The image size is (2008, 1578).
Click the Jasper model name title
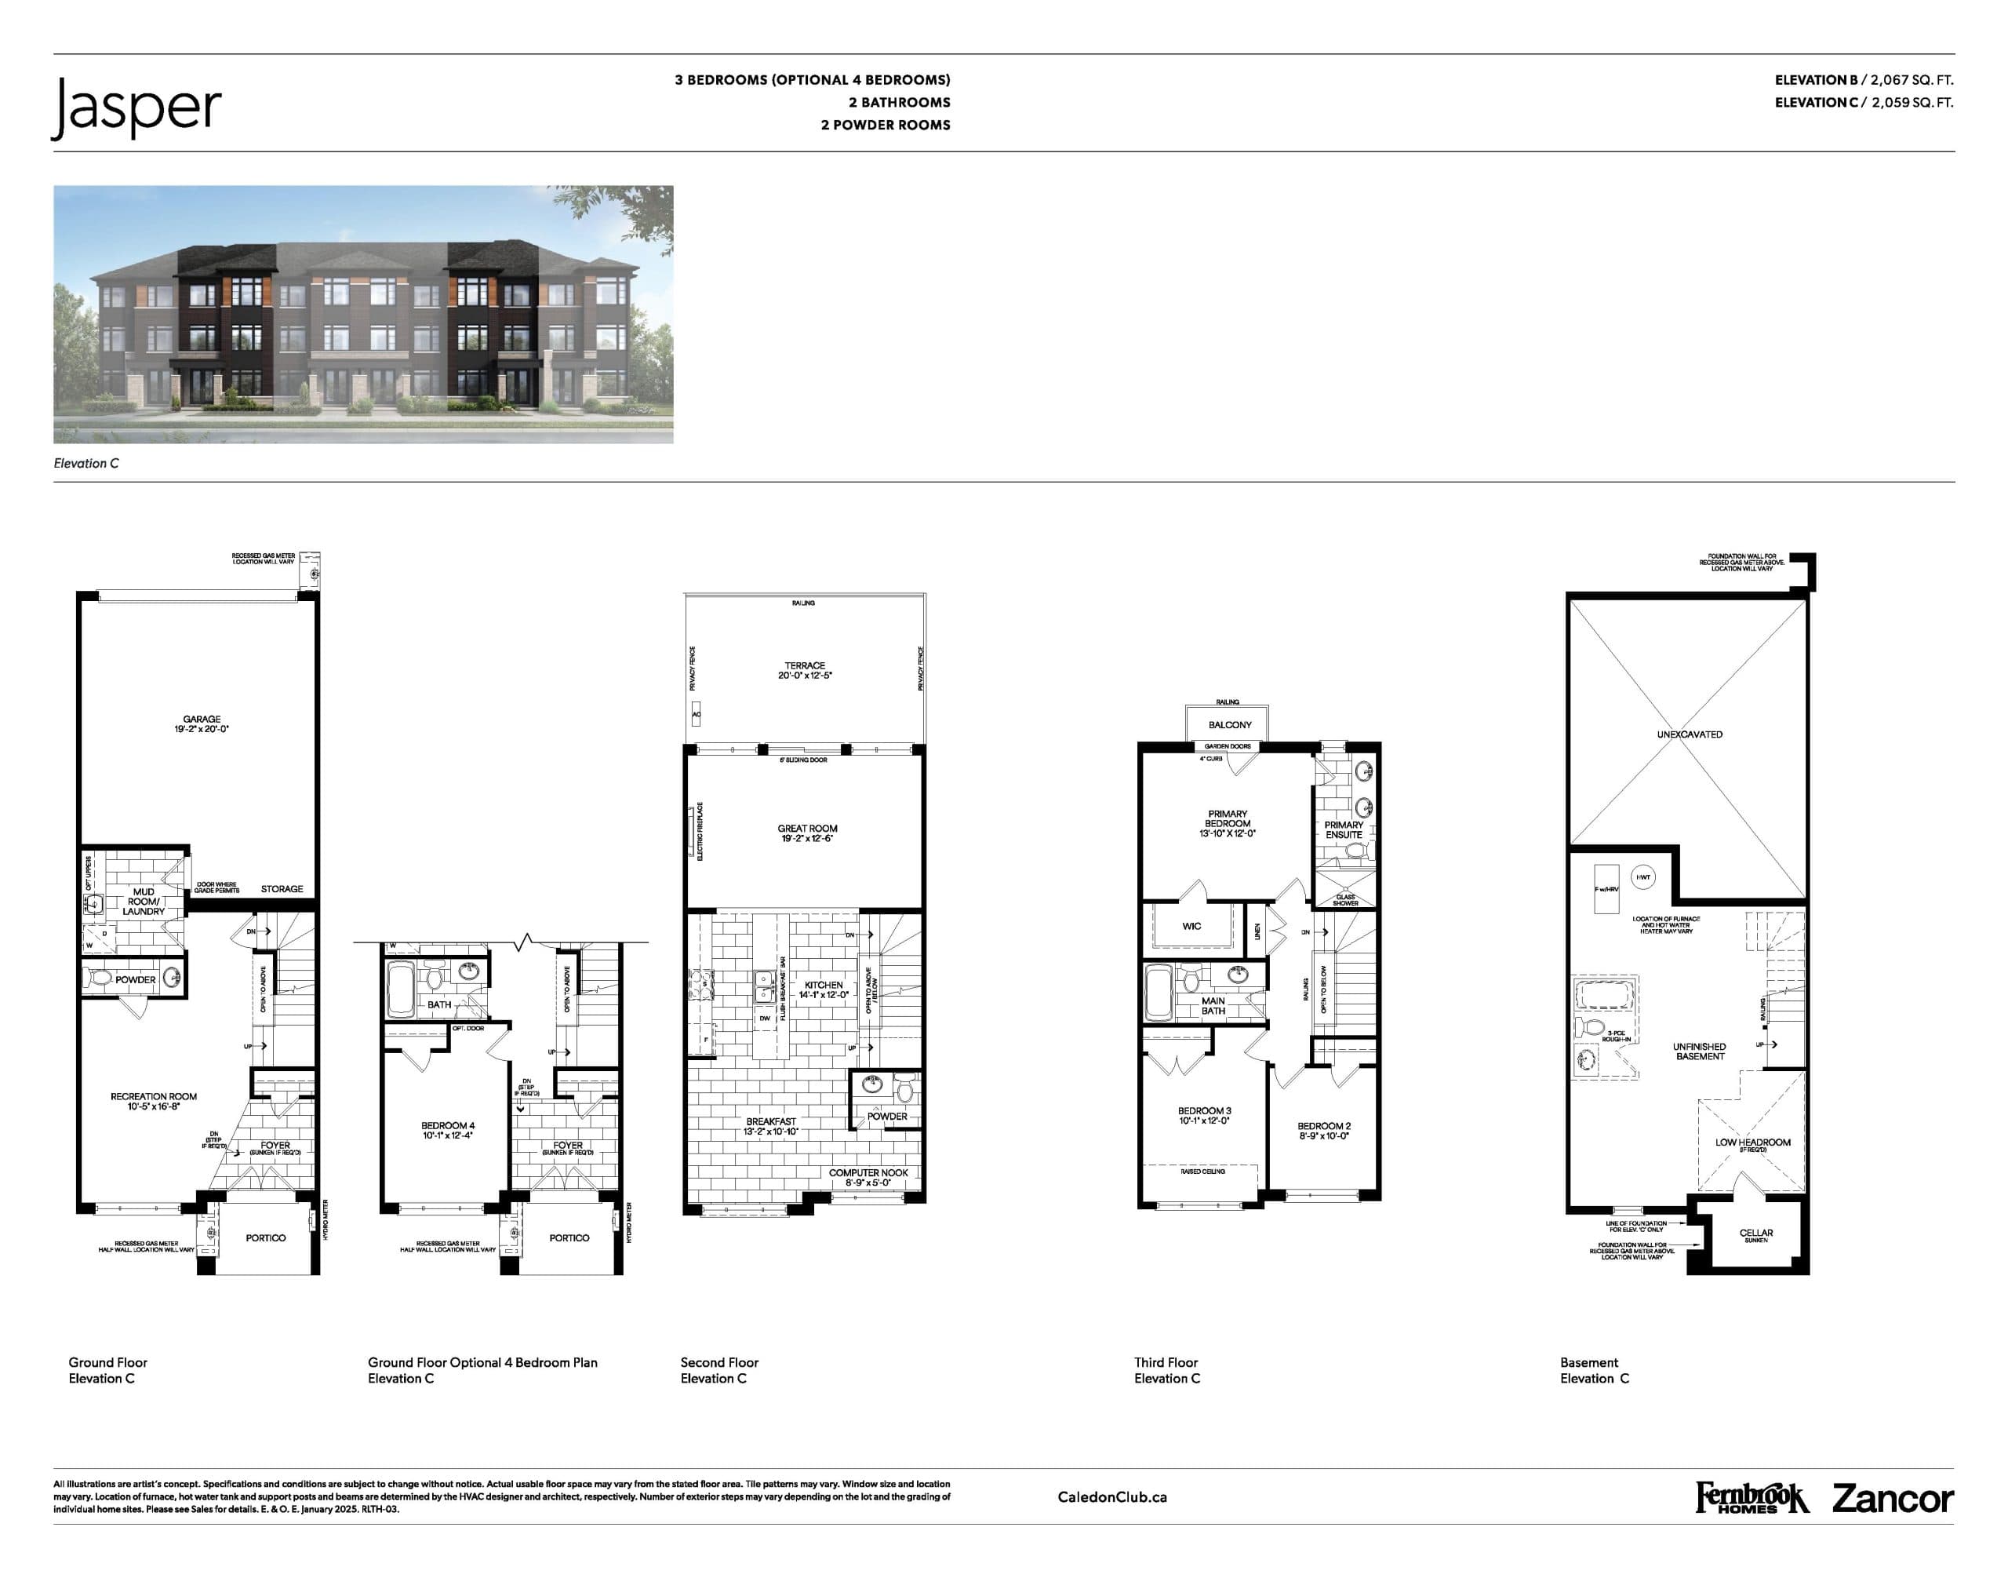[x=136, y=108]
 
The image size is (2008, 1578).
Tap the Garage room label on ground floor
[x=202, y=724]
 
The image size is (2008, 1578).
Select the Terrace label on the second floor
[x=805, y=671]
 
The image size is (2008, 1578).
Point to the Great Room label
[x=806, y=833]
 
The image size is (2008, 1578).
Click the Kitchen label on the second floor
[x=823, y=989]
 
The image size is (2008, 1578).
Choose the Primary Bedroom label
[x=1227, y=823]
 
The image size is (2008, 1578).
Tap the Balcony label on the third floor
[x=1229, y=725]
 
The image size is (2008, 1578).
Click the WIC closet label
[x=1191, y=926]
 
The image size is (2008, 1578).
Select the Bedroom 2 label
[x=1323, y=1131]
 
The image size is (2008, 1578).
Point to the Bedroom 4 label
[x=448, y=1130]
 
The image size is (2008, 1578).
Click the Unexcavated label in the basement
[x=1690, y=734]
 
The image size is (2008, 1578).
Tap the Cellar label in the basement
[x=1756, y=1234]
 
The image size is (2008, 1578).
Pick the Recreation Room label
[x=153, y=1100]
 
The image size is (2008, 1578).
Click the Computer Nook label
[x=868, y=1177]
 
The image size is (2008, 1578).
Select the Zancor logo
[x=1893, y=1499]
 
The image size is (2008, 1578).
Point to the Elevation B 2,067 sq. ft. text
[x=1863, y=80]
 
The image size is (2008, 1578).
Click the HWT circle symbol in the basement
[x=1643, y=876]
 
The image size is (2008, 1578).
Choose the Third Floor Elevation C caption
[x=1166, y=1370]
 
